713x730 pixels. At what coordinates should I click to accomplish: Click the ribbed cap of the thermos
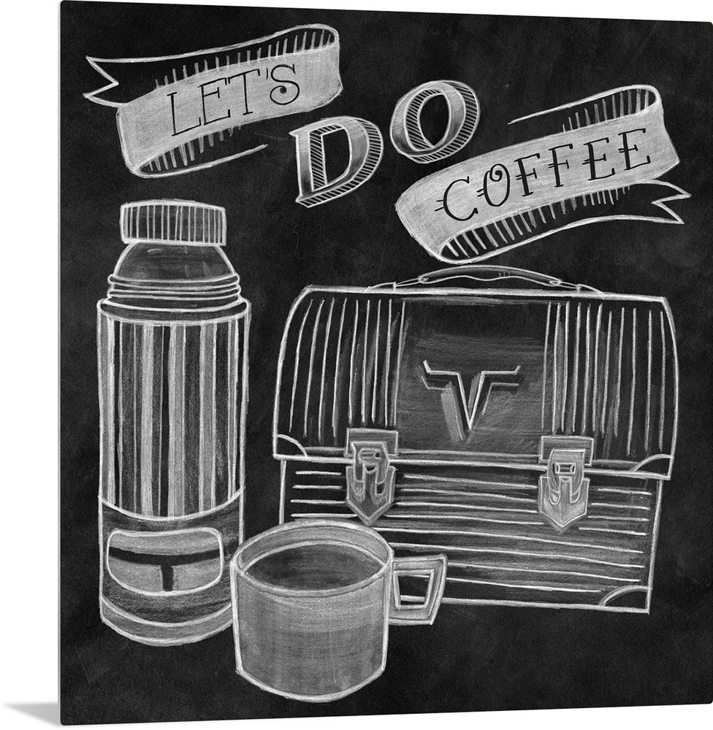(x=173, y=223)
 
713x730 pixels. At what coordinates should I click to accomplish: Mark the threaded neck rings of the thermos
(x=175, y=288)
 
